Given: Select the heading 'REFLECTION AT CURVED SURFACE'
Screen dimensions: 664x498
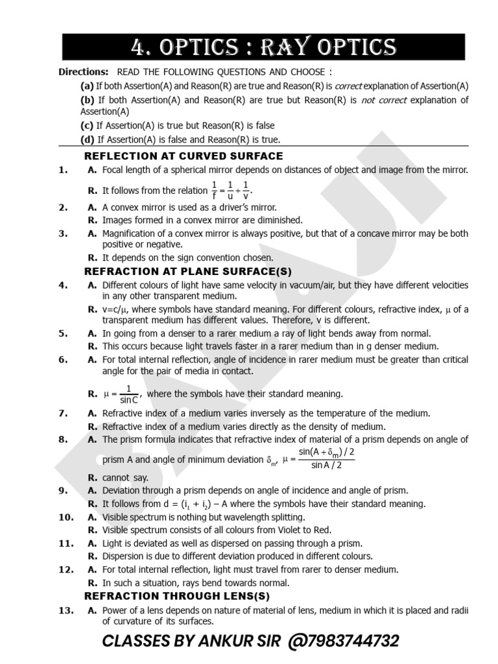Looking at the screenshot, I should (x=184, y=156).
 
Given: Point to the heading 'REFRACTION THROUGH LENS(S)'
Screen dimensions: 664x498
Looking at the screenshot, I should (x=177, y=596).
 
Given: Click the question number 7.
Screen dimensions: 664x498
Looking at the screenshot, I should (x=63, y=413).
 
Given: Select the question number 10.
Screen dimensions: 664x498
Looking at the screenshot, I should (x=65, y=517).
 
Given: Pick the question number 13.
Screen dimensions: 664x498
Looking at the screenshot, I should (x=65, y=610).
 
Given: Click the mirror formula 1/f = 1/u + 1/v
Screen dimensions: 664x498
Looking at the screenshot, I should (x=232, y=191).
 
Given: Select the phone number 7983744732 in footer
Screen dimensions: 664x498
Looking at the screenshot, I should (x=350, y=641).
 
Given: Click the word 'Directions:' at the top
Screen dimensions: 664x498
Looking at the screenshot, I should (x=84, y=72).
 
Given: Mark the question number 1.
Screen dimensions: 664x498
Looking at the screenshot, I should (x=63, y=170).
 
